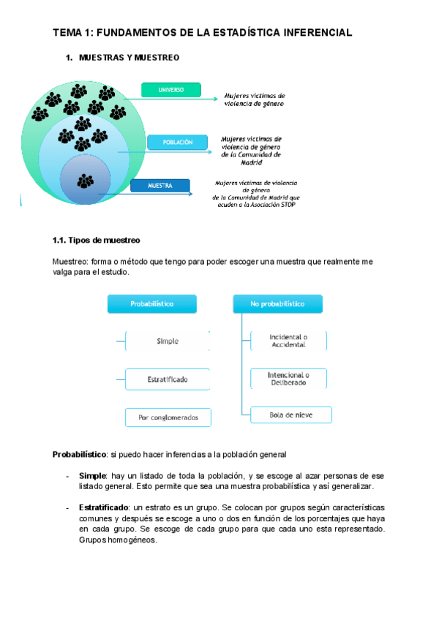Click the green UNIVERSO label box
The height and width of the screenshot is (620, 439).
click(x=170, y=90)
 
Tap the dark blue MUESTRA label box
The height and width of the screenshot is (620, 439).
click(x=160, y=186)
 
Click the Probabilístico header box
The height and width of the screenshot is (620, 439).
click(x=152, y=303)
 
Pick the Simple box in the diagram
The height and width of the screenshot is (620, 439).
click(x=168, y=341)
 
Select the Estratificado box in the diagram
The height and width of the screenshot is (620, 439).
click(x=168, y=379)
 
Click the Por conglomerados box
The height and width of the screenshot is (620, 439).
click(x=168, y=417)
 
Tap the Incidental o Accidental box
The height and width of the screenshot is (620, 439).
click(x=288, y=341)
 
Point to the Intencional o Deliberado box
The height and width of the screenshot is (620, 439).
click(x=288, y=379)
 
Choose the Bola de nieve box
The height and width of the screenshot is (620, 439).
click(x=290, y=415)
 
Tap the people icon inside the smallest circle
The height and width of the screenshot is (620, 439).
click(x=86, y=179)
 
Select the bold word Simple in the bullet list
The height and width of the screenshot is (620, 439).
click(x=93, y=475)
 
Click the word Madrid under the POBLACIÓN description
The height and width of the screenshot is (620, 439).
click(x=251, y=162)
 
